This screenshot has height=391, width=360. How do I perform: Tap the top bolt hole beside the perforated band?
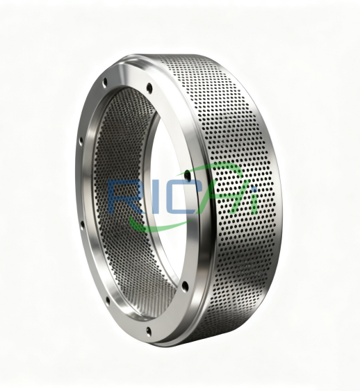pos(148,88)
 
